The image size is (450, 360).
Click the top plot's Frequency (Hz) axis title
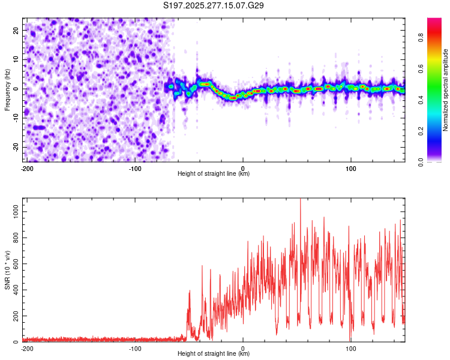[7, 89]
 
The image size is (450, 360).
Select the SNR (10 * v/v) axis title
[7, 269]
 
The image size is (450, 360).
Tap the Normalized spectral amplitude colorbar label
[446, 90]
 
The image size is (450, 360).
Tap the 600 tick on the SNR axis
[14, 264]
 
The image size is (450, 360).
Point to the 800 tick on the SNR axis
[14, 238]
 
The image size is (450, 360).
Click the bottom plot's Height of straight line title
[214, 354]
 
